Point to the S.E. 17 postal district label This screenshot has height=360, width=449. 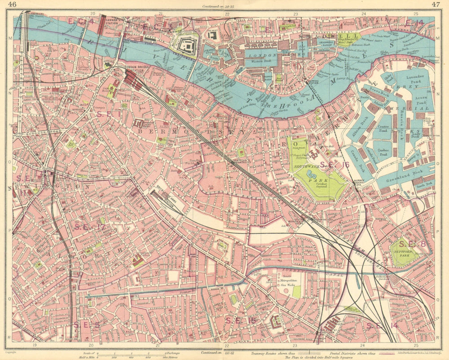pos(89,227)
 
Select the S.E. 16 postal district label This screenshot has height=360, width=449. pos(333,165)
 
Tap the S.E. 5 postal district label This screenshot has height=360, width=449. pos(86,324)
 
